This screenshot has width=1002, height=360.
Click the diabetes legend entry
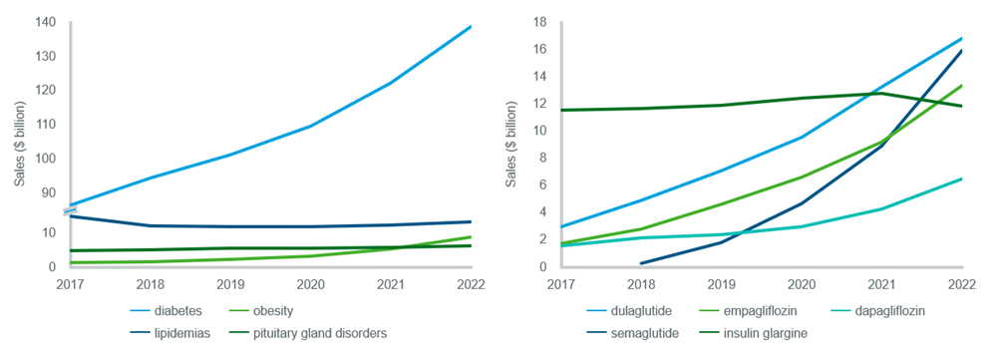166,311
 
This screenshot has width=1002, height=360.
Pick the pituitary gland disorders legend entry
307,333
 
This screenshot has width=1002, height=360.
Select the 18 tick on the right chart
541,22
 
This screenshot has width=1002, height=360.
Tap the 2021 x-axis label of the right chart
881,283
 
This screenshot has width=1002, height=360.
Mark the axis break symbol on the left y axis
71,211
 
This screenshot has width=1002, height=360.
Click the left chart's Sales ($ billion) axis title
21,144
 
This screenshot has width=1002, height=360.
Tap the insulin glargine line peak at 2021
881,94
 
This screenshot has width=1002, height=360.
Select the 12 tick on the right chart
541,104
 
